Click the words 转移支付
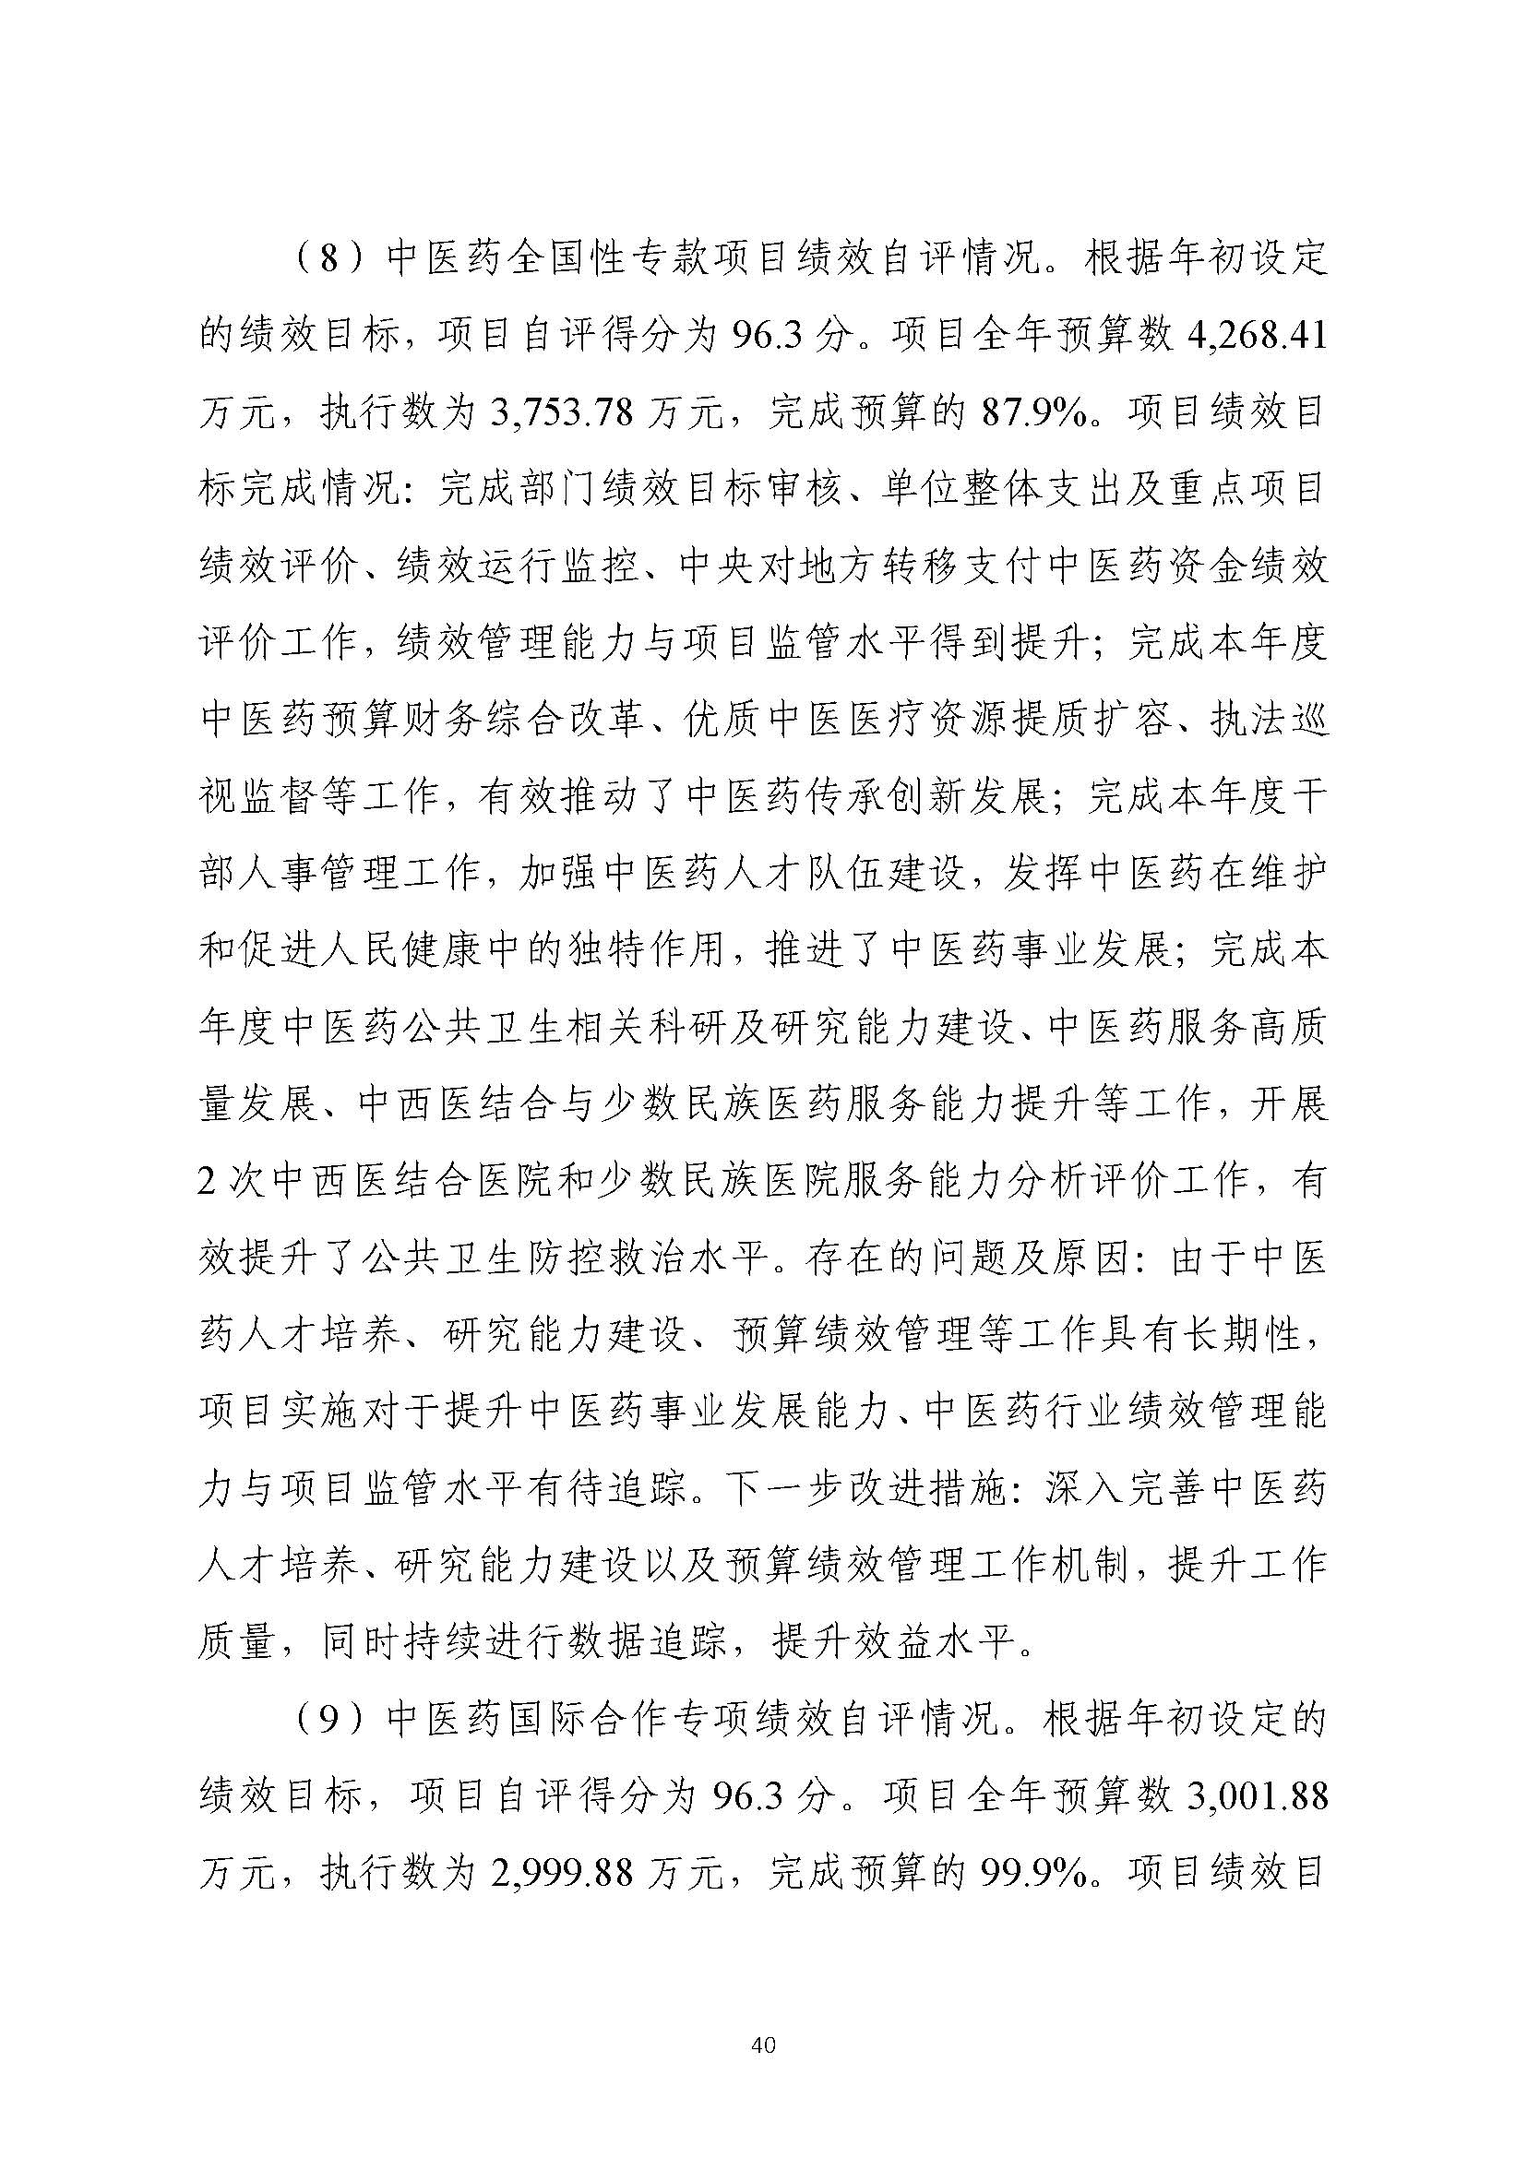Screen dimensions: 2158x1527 coord(1000,568)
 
